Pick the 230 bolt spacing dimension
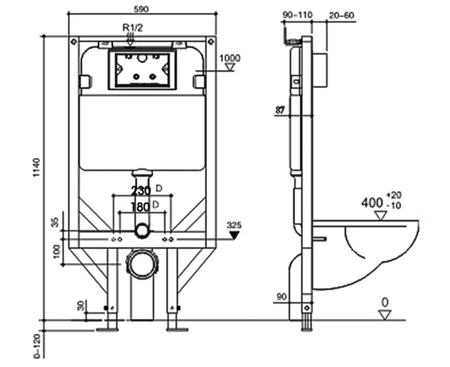tap(141, 191)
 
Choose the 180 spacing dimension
tap(141, 206)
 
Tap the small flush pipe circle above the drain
tap(141, 230)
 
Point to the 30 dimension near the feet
tap(81, 306)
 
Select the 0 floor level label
tap(384, 301)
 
